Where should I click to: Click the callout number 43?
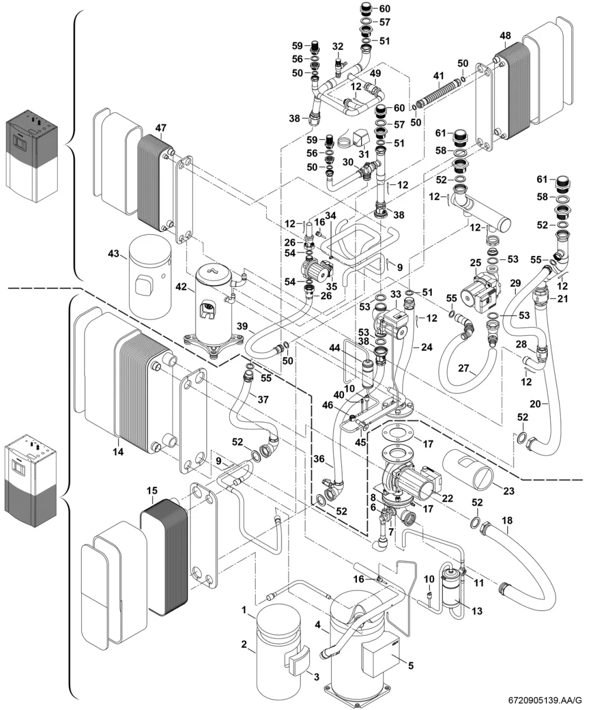(114, 254)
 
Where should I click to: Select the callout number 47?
(161, 128)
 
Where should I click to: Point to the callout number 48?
(505, 36)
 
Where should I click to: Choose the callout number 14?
(118, 452)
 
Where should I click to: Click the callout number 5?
(411, 665)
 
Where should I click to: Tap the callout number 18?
(507, 520)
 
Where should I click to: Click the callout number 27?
(464, 369)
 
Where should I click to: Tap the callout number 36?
(319, 459)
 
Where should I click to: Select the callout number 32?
(338, 47)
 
